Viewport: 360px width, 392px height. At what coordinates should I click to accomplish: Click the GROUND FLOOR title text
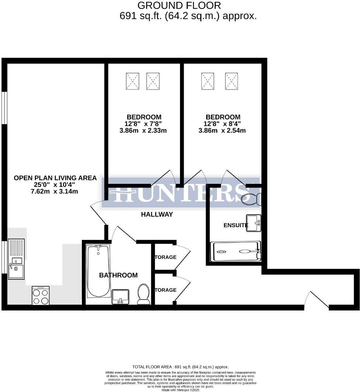(179, 6)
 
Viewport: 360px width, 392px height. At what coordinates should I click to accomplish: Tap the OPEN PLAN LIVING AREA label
(55, 178)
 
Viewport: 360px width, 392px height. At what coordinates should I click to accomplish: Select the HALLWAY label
(157, 214)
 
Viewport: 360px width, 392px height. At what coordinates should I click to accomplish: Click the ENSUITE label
(236, 225)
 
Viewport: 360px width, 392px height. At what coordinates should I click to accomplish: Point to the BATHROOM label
(118, 275)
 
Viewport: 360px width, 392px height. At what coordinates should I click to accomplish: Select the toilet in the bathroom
(143, 294)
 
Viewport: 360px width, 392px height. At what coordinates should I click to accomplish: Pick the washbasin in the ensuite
(254, 223)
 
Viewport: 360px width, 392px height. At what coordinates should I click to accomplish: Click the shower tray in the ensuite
(235, 252)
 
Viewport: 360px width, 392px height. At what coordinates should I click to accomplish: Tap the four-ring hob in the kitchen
(41, 296)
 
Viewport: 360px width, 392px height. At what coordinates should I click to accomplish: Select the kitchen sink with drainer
(16, 259)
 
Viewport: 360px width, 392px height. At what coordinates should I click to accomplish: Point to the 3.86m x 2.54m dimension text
(222, 130)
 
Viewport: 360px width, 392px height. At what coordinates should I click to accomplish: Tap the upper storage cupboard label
(165, 257)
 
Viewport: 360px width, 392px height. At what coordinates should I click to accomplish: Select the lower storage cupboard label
(165, 290)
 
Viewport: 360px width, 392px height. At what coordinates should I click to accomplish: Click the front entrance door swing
(317, 299)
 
